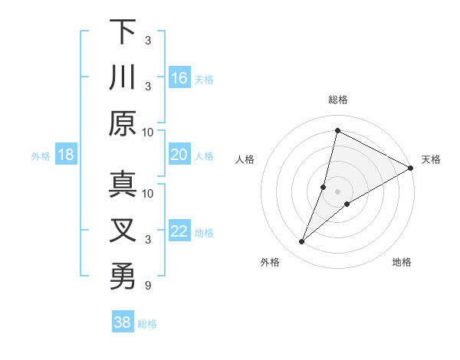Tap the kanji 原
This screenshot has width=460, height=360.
123,123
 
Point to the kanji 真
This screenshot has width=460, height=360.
123,185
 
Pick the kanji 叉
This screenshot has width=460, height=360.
123,231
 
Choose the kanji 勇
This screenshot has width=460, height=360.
123,277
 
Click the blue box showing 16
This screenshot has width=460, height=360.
179,77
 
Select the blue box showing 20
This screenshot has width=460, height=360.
179,155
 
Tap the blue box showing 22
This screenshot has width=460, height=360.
179,231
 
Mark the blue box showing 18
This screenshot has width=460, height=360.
66,155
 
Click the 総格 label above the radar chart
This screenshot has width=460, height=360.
337,100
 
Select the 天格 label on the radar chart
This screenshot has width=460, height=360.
431,159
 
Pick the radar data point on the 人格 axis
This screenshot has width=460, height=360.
324,187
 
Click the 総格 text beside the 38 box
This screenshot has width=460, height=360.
147,324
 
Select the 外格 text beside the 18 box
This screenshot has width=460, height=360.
41,156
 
